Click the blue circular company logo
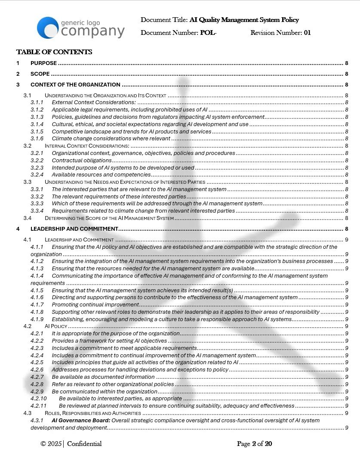click(47, 28)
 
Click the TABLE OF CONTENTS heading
click(54, 52)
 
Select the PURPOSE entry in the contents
click(43, 63)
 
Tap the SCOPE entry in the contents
click(40, 74)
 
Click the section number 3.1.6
click(37, 139)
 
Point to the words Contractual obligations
click(82, 161)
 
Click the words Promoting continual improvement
click(95, 305)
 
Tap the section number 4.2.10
click(38, 399)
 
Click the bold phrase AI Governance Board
click(81, 421)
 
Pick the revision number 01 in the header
click(307, 33)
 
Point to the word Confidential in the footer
click(84, 444)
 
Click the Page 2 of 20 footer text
click(255, 444)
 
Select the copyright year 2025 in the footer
click(55, 444)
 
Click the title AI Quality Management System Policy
click(244, 20)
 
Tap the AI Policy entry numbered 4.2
click(56, 326)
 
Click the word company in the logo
click(93, 31)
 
